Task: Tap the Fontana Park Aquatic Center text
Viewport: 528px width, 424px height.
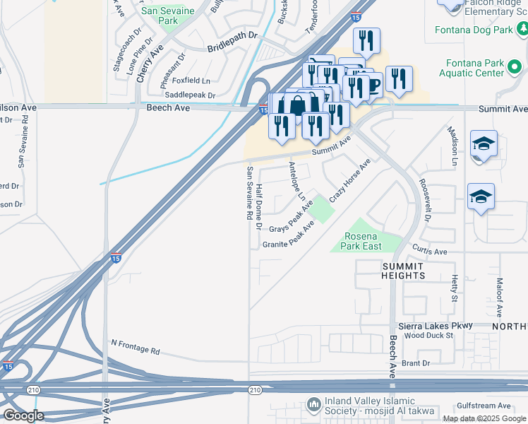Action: point(472,68)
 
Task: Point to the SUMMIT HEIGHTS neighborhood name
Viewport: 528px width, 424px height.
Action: point(404,270)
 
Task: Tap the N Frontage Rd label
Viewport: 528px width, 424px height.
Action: point(136,347)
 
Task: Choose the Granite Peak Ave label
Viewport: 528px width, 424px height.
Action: point(288,237)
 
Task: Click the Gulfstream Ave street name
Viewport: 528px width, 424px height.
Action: point(484,406)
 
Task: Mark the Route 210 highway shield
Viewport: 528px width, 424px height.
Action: point(255,389)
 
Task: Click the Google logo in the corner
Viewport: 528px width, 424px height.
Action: point(23,416)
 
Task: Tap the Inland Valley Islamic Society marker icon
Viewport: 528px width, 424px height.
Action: point(314,405)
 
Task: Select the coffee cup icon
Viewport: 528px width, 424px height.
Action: point(373,86)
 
